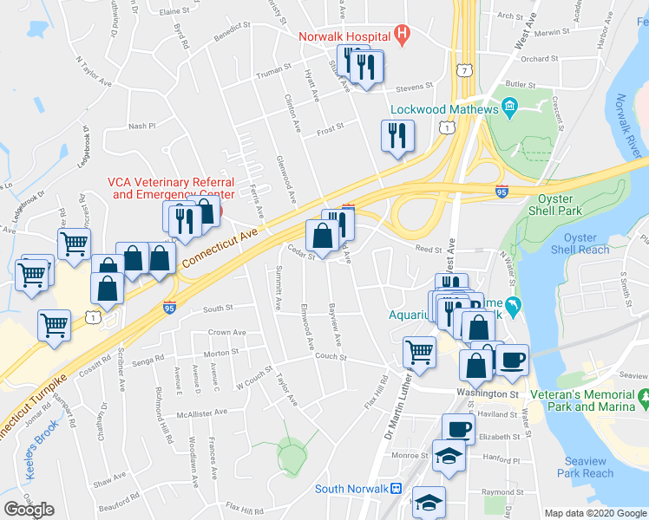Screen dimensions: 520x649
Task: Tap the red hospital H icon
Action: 401,36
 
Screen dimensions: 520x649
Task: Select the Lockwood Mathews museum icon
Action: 509,109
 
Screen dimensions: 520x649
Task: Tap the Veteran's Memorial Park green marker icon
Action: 643,401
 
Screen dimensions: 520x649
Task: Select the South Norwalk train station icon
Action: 396,489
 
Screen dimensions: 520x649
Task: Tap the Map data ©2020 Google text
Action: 595,513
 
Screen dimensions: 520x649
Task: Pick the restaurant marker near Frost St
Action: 397,135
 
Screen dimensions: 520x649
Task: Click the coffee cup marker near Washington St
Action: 512,360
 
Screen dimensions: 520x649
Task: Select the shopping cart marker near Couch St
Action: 419,353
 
